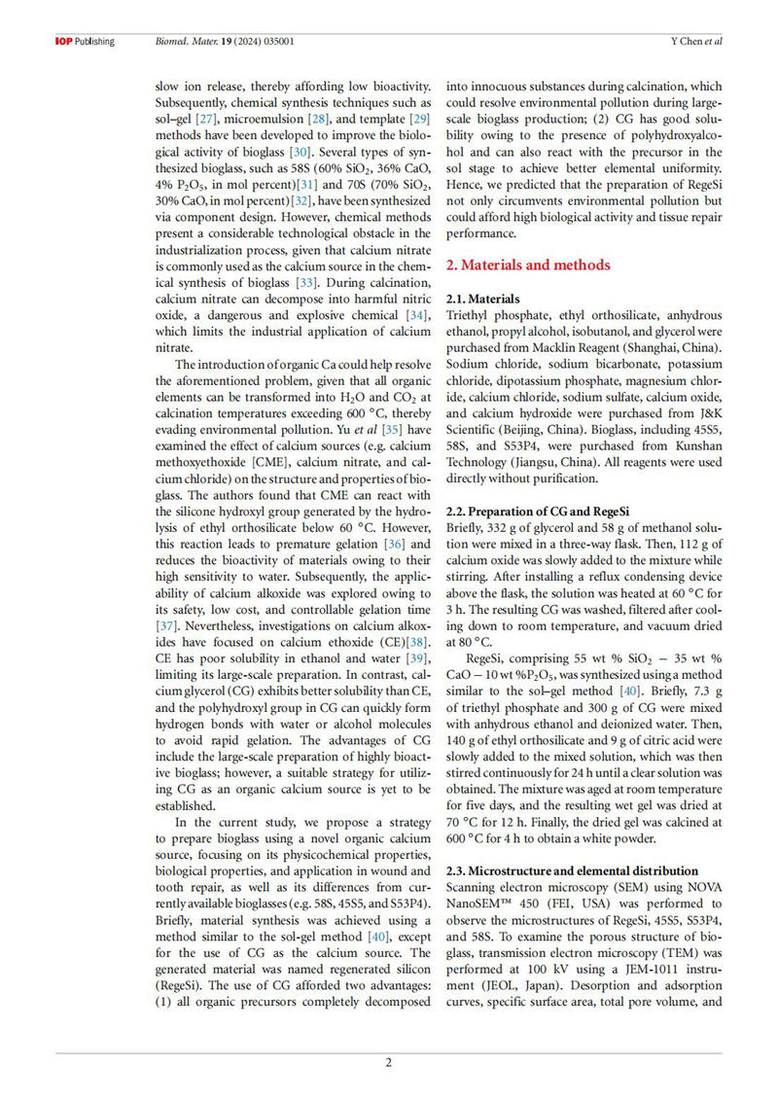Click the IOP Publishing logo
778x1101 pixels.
point(84,42)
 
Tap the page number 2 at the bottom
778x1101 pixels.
point(389,1062)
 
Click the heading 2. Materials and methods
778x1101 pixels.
point(527,265)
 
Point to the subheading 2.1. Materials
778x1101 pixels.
point(482,299)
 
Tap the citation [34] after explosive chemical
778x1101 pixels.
point(415,315)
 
